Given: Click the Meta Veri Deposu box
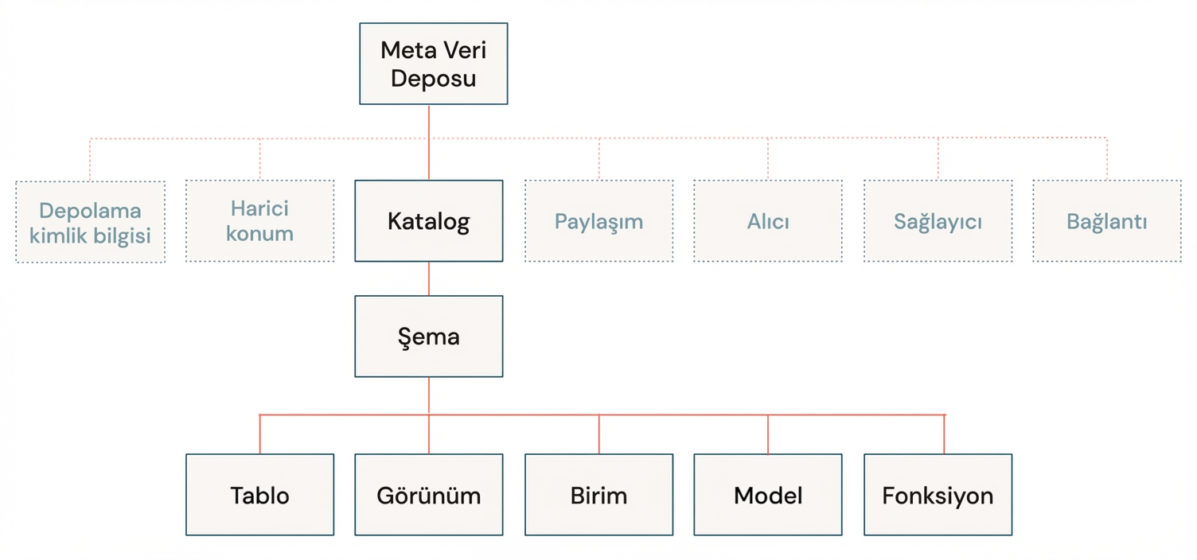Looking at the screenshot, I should coord(433,64).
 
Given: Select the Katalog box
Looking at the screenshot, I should coord(428,220).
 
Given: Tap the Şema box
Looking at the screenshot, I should coord(428,336).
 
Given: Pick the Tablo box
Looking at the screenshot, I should coord(259,495).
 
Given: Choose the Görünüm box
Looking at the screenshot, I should coord(428,495).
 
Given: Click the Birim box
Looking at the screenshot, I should coord(598,495).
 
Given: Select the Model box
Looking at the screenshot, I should coord(767,495).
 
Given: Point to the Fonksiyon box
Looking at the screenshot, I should coord(938,495).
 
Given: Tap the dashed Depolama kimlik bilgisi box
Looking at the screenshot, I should coord(90,222).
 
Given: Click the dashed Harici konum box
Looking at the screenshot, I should coord(259,220).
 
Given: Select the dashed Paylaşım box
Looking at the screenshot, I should coord(598,220).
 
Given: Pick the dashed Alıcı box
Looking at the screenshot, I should coord(767,220).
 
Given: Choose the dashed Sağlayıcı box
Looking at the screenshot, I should coord(938,220).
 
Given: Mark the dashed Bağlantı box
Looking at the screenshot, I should coord(1106,220).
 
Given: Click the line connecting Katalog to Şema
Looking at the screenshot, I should coord(429,278).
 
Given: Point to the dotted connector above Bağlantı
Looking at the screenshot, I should coord(1106,159).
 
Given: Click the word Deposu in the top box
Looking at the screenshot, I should coord(433,79).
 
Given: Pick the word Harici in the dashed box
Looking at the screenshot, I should coord(259,208).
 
